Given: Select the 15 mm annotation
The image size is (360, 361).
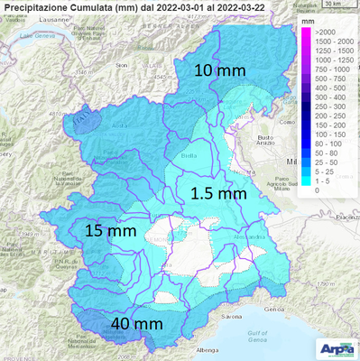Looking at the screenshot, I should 109,230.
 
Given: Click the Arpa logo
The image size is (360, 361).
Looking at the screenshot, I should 338,349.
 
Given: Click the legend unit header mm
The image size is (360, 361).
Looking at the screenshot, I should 309,18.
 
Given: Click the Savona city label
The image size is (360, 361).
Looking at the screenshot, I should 233,318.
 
